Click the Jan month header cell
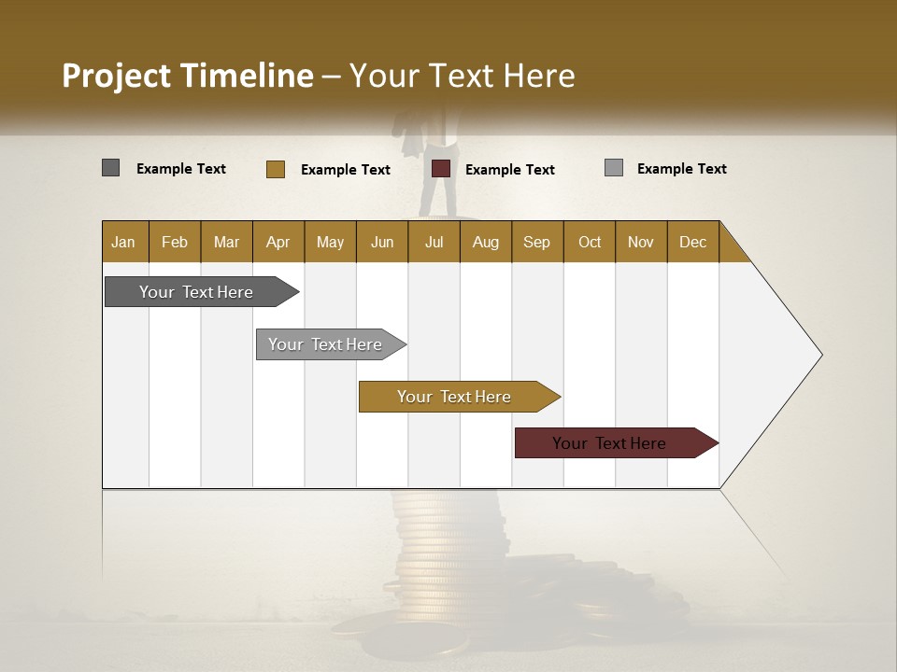click(124, 242)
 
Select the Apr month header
click(278, 242)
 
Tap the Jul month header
click(434, 242)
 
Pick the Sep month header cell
click(537, 242)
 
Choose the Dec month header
click(693, 242)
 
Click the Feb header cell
click(175, 242)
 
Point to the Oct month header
click(590, 242)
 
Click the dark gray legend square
click(110, 168)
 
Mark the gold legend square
click(275, 169)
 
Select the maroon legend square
click(441, 169)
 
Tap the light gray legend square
click(613, 168)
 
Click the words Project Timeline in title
click(187, 76)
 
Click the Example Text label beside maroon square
click(510, 170)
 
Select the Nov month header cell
click(641, 242)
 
